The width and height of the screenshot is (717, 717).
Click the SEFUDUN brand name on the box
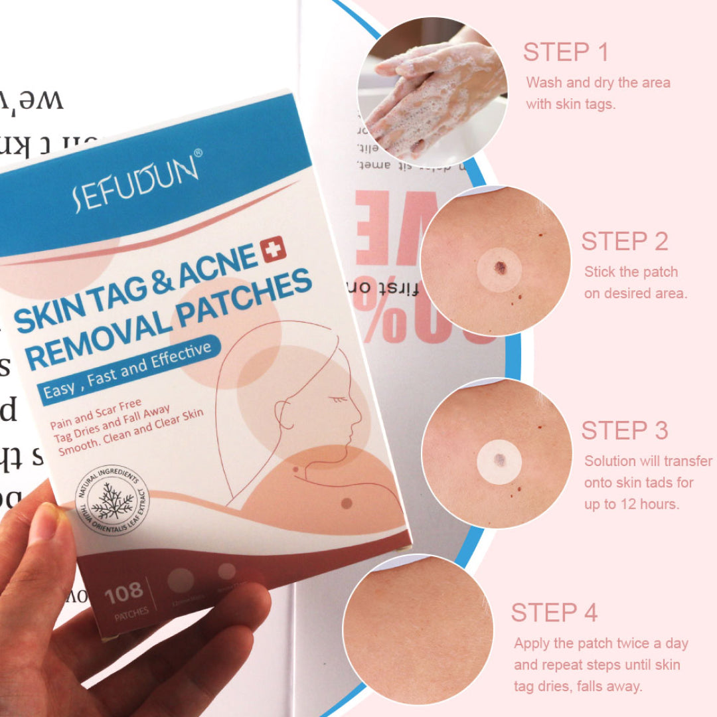(137, 183)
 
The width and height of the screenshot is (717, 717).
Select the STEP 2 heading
(624, 242)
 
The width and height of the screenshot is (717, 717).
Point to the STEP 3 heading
(624, 430)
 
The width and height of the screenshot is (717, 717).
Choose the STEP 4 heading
(554, 613)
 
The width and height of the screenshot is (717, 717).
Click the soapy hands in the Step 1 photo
(432, 93)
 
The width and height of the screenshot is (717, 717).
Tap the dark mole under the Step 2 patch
(500, 267)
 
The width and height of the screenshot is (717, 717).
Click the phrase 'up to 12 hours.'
(631, 504)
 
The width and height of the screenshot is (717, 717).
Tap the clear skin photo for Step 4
(418, 627)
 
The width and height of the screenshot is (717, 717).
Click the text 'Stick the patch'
(631, 272)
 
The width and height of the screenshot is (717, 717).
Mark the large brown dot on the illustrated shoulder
(345, 503)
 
